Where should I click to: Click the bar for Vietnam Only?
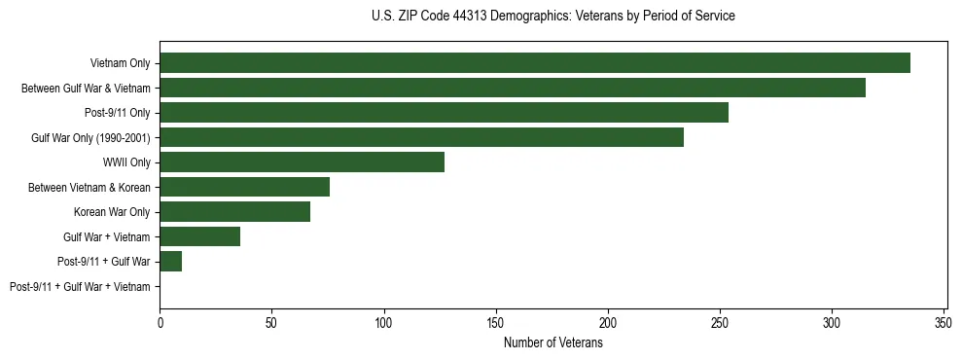tap(535, 63)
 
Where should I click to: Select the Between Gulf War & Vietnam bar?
tap(513, 88)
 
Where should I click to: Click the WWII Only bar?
tap(302, 162)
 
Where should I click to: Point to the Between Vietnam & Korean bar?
tap(244, 187)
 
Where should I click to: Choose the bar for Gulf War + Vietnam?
tap(199, 236)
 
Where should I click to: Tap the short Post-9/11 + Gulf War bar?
tap(170, 262)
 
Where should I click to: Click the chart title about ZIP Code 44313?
tap(553, 17)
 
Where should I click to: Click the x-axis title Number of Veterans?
tap(553, 343)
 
